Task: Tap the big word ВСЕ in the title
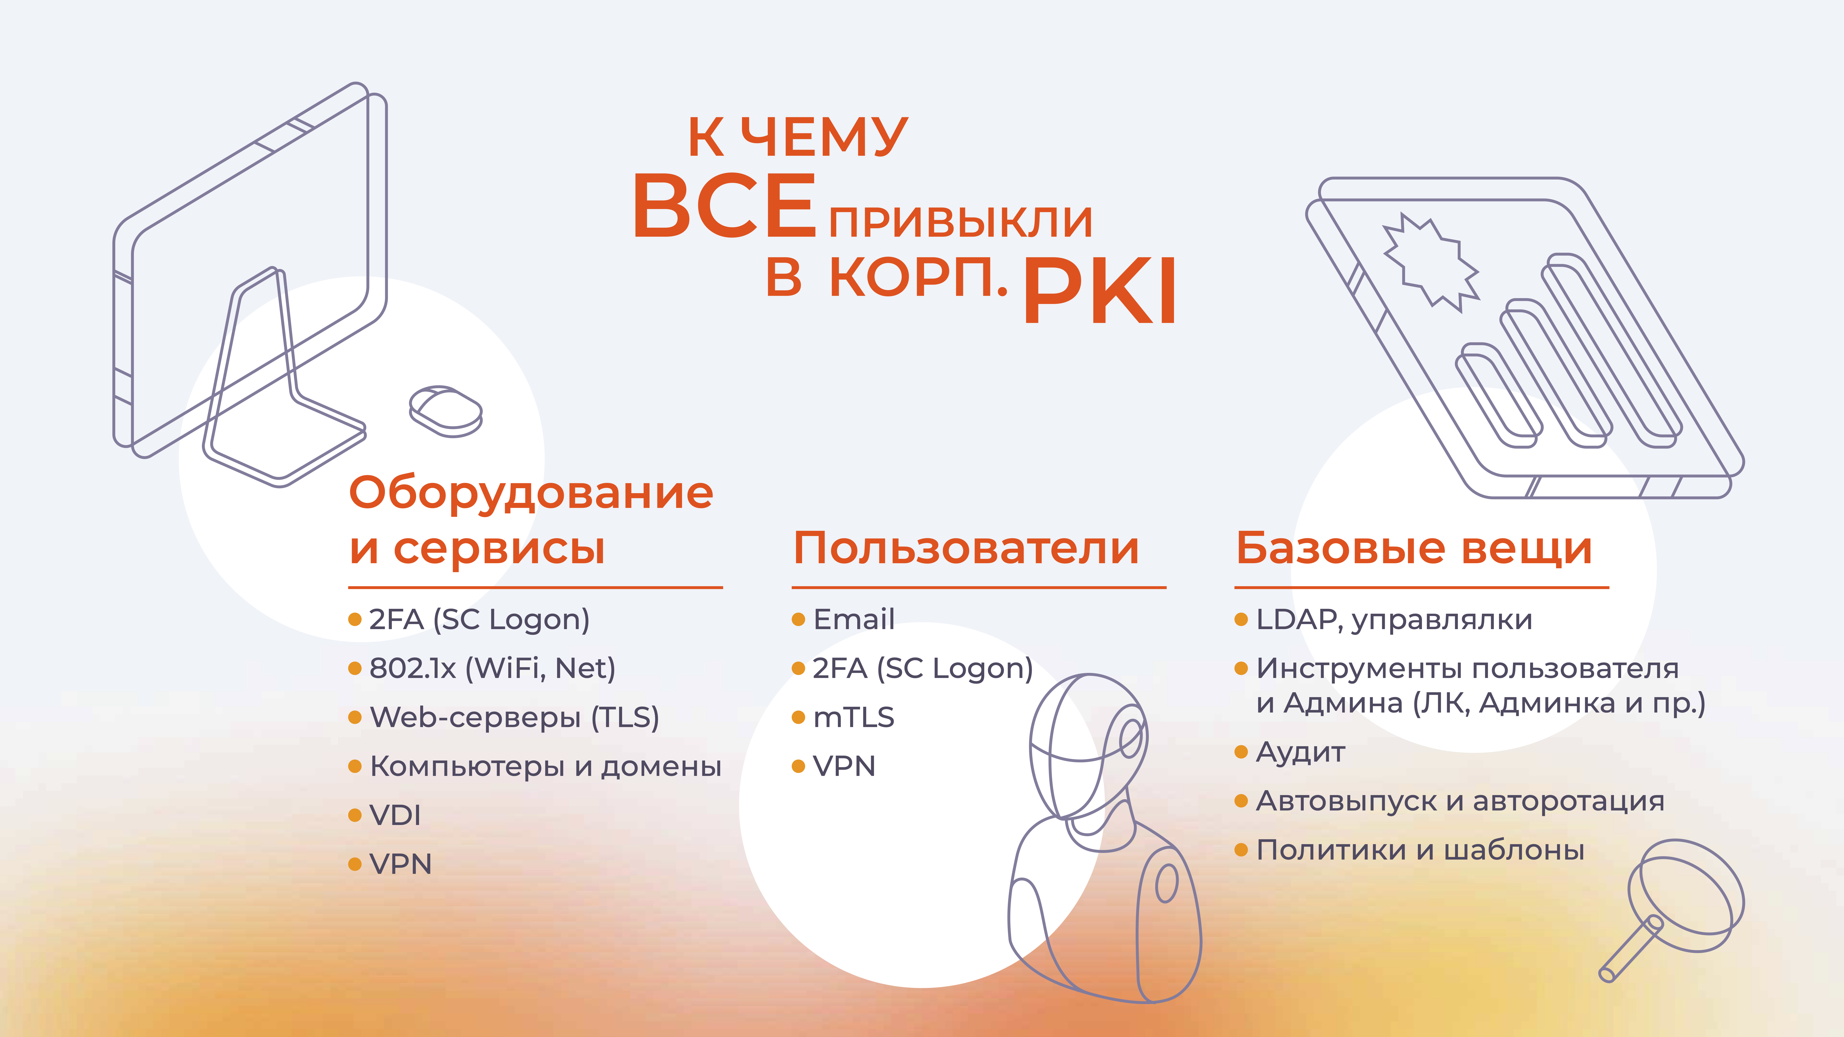coord(724,206)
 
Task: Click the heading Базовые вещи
coord(1414,549)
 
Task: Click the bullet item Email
coord(853,619)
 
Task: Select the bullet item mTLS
coord(853,717)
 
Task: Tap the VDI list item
coord(394,815)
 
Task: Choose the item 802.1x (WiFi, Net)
coord(492,669)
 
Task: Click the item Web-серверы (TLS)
coord(514,717)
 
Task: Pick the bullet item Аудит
coord(1300,752)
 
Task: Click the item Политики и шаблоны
coord(1420,850)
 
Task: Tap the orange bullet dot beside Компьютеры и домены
coord(354,766)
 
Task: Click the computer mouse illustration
coord(445,411)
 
